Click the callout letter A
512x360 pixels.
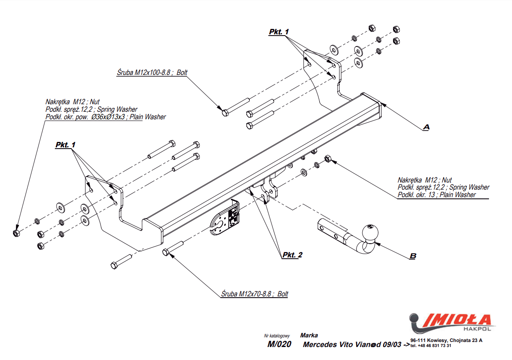click(x=426, y=127)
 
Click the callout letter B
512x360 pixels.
click(x=413, y=255)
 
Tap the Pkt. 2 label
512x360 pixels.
click(x=292, y=255)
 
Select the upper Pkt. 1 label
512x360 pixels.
click(x=279, y=32)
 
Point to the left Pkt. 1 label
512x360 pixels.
click(x=65, y=144)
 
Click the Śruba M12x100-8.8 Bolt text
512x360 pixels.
click(x=152, y=72)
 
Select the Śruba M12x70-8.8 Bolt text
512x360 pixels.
click(x=255, y=294)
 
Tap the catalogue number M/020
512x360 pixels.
click(x=279, y=345)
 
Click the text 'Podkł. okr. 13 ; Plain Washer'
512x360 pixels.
click(x=437, y=195)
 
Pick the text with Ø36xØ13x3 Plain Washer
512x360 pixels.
click(x=105, y=117)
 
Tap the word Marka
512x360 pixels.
click(x=309, y=335)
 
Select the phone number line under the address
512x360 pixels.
click(x=431, y=346)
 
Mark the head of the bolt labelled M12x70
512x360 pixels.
click(x=165, y=252)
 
